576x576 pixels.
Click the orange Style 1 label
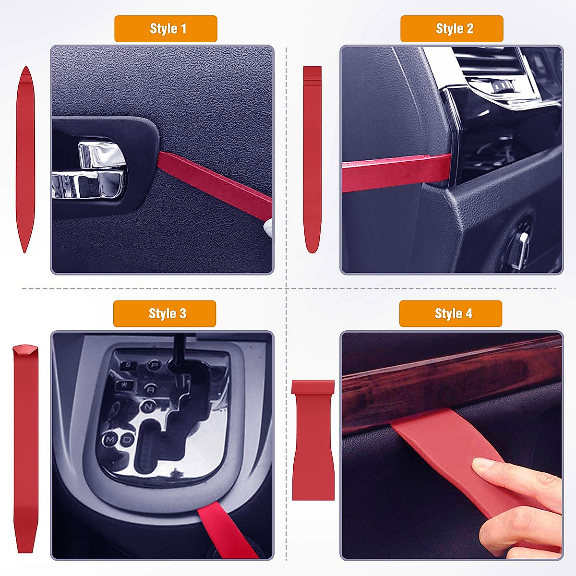(166, 29)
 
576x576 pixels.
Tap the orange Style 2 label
(452, 29)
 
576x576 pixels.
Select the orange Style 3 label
(165, 314)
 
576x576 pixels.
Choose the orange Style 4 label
(451, 314)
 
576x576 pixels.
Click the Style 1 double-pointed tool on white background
(25, 158)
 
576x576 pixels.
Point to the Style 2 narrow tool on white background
(312, 158)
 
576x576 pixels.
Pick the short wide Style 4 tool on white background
(313, 439)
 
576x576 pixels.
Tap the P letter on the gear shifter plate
(155, 365)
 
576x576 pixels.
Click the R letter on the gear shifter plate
(151, 389)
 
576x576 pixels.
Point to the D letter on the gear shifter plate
(127, 439)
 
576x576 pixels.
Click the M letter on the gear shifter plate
(111, 439)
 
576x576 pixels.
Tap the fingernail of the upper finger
(482, 464)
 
